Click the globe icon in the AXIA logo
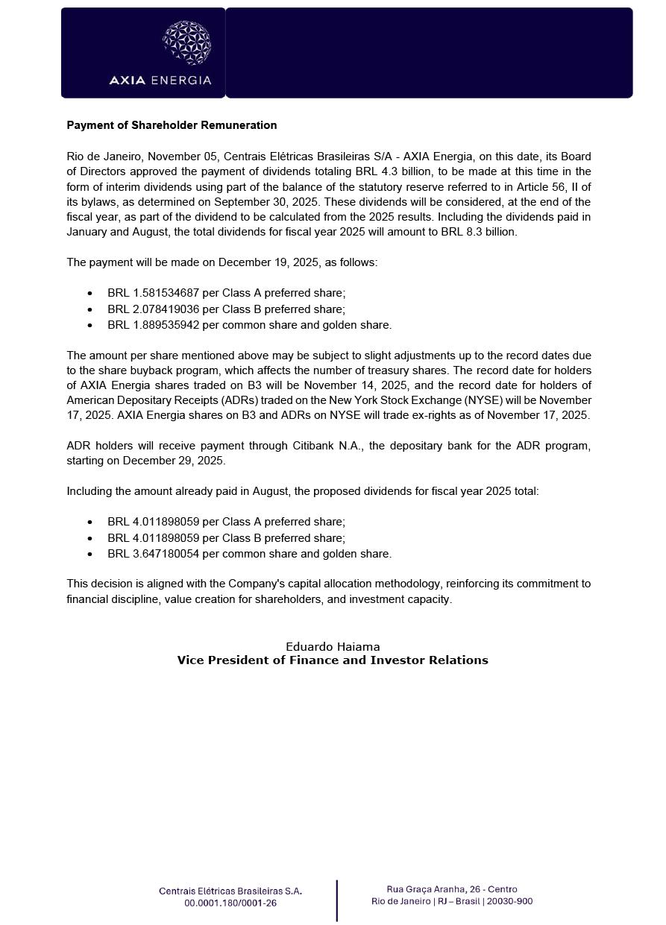[x=186, y=42]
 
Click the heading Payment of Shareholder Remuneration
[x=172, y=125]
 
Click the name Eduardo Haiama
[x=333, y=647]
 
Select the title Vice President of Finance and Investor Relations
[x=333, y=660]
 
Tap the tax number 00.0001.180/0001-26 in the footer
[x=230, y=903]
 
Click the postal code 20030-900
[x=510, y=901]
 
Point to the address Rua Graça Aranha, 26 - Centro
[x=452, y=889]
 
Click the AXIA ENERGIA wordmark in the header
[x=160, y=80]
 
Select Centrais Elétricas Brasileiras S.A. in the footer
[x=230, y=891]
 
